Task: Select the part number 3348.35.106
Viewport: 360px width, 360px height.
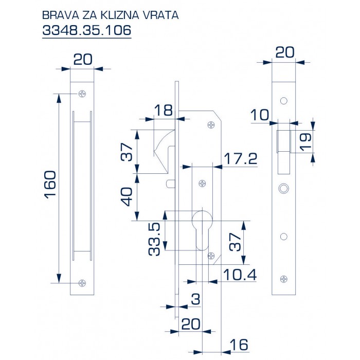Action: click(x=86, y=30)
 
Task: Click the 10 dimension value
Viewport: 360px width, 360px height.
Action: click(x=260, y=115)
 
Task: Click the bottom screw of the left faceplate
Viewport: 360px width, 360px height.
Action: click(x=82, y=282)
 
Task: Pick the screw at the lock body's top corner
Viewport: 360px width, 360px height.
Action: click(x=211, y=124)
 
